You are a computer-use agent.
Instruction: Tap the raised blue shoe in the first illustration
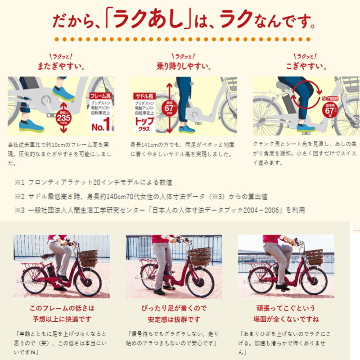[x=63, y=94]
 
